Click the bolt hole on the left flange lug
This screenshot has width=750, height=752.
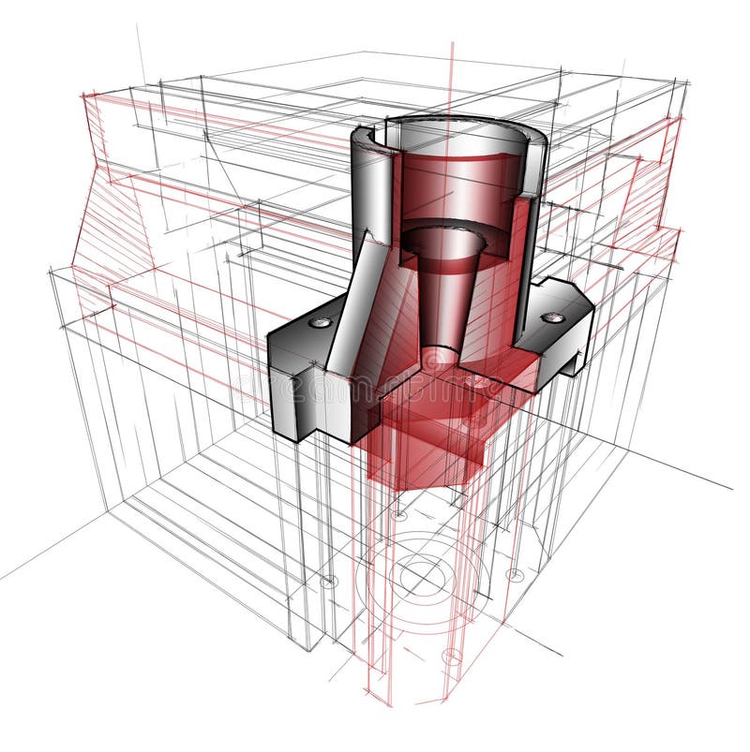[x=321, y=322]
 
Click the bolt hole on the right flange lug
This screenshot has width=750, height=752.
[x=557, y=317]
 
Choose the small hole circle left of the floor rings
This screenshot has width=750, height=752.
[x=328, y=582]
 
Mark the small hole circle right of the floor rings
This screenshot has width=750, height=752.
[x=514, y=575]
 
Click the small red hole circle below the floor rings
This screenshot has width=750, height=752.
[x=452, y=656]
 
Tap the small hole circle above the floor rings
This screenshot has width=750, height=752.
[x=399, y=514]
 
